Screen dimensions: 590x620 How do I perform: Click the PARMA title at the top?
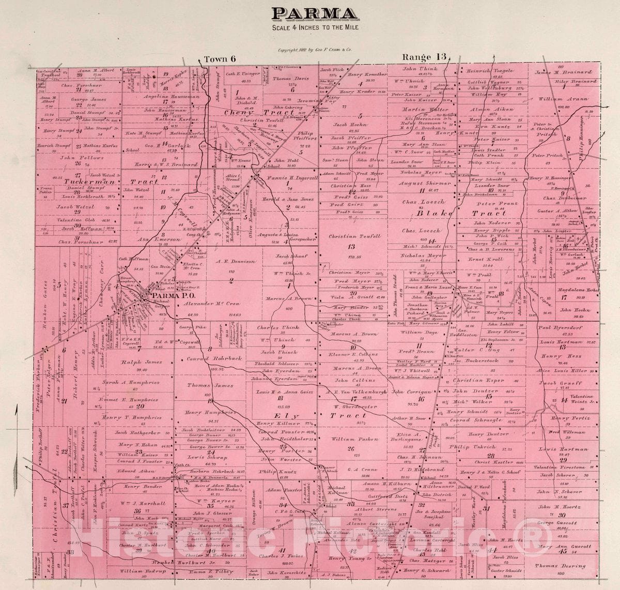tap(311, 13)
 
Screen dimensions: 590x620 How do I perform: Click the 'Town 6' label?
tap(220, 59)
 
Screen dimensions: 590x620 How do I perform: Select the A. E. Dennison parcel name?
tap(236, 262)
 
